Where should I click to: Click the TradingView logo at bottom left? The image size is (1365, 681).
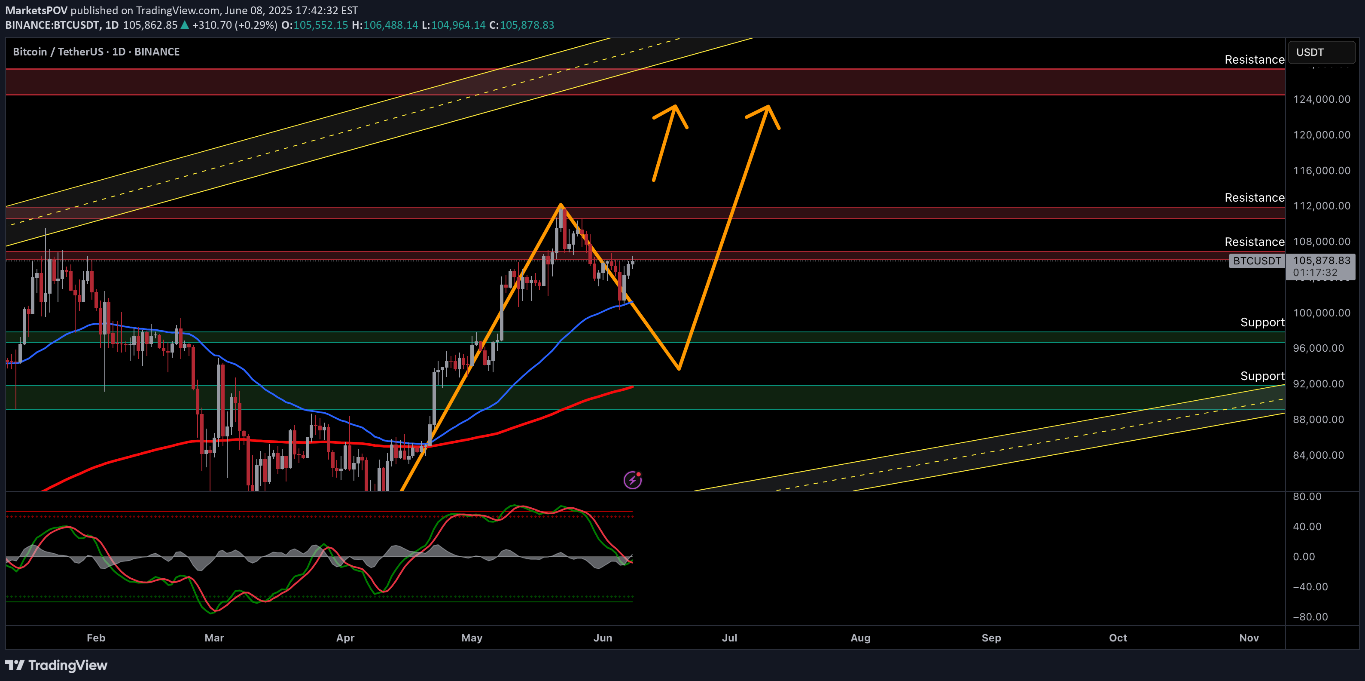[x=56, y=665]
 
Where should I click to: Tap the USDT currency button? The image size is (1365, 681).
[x=1321, y=52]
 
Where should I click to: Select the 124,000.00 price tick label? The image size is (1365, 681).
[x=1322, y=99]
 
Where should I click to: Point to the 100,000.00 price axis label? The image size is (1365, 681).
[x=1322, y=313]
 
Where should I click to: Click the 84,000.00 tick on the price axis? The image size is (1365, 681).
[x=1318, y=455]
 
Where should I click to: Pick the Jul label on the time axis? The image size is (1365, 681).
[x=729, y=638]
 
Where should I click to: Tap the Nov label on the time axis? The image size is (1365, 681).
[x=1249, y=638]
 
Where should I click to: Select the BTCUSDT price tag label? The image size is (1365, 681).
[x=1256, y=261]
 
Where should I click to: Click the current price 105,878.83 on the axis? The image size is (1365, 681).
[x=1322, y=261]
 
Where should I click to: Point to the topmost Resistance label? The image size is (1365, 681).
[x=1254, y=59]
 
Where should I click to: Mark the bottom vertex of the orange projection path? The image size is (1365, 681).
[x=679, y=368]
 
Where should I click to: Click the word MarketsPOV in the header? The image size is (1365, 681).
[x=37, y=10]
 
